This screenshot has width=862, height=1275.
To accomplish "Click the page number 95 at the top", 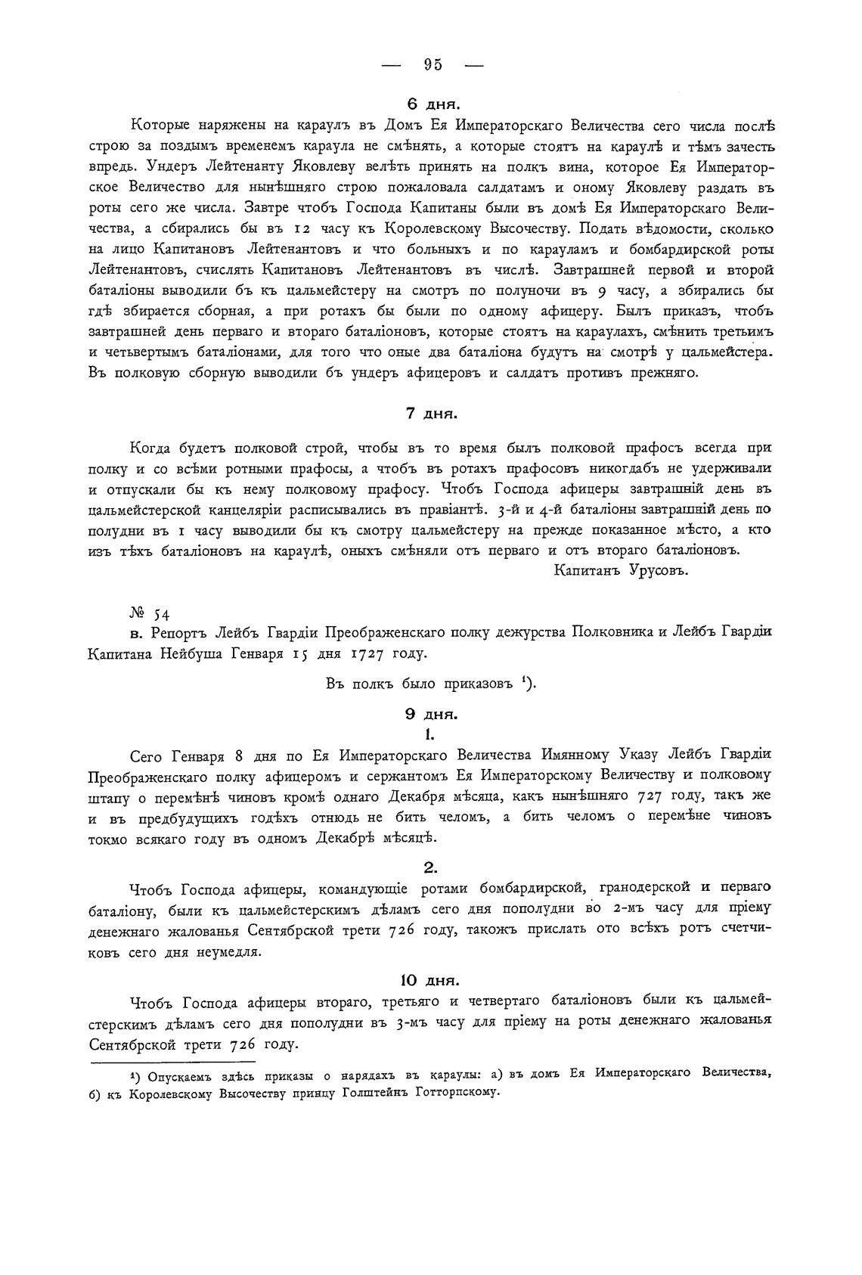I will click(433, 65).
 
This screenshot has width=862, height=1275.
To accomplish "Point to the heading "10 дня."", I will click(431, 981).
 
